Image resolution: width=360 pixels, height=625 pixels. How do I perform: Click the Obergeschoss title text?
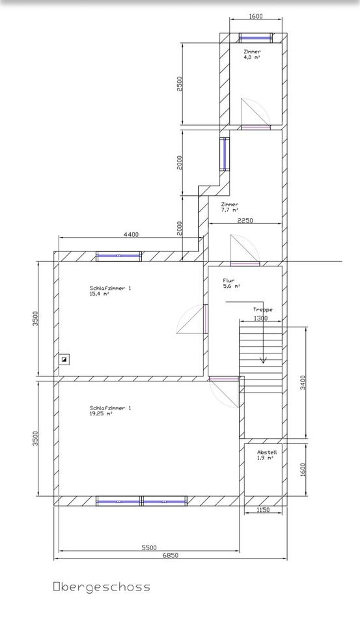click(x=102, y=587)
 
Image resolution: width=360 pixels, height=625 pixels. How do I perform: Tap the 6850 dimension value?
click(x=170, y=555)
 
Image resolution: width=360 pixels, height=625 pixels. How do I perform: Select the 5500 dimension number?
click(x=149, y=548)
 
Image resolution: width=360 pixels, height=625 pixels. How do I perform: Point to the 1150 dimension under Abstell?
click(x=263, y=510)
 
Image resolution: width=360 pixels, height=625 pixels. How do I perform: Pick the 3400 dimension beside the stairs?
click(x=303, y=382)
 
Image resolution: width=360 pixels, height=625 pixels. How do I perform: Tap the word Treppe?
click(x=263, y=310)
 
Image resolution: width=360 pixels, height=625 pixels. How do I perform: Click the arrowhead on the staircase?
click(x=263, y=360)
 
